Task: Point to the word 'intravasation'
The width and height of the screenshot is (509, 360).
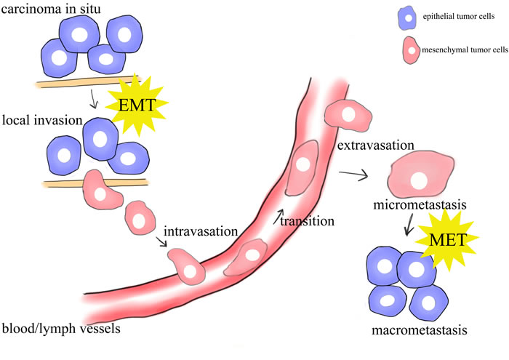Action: [202, 232]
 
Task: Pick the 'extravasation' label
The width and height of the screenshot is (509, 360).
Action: [376, 146]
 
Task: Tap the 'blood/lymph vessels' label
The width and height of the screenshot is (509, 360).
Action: [60, 328]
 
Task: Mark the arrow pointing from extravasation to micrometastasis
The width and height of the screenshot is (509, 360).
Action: [353, 174]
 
